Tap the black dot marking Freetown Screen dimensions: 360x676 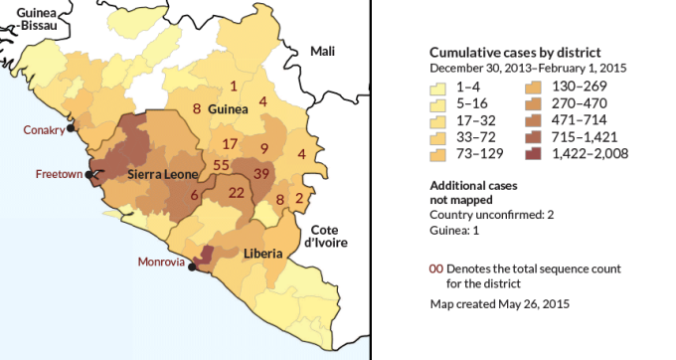[x=89, y=174]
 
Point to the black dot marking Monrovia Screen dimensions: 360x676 [x=192, y=268]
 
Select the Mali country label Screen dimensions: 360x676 [x=323, y=51]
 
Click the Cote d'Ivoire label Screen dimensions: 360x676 [x=324, y=235]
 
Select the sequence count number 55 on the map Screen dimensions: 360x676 [x=222, y=165]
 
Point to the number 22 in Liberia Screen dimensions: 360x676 [x=237, y=192]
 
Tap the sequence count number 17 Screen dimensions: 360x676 [x=230, y=144]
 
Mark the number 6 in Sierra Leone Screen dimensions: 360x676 [x=194, y=196]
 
